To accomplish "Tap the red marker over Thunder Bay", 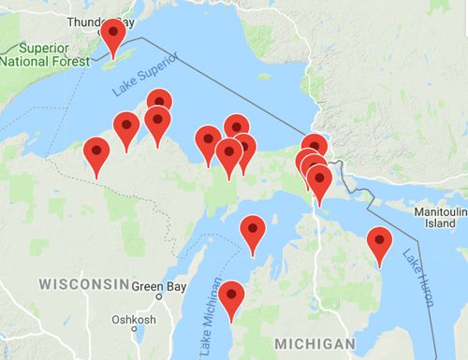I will [113, 36].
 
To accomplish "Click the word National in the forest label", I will [27, 62].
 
